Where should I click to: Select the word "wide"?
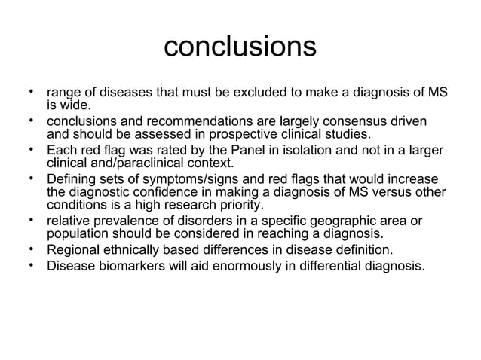[x=76, y=106]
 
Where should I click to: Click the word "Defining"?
[x=72, y=178]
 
